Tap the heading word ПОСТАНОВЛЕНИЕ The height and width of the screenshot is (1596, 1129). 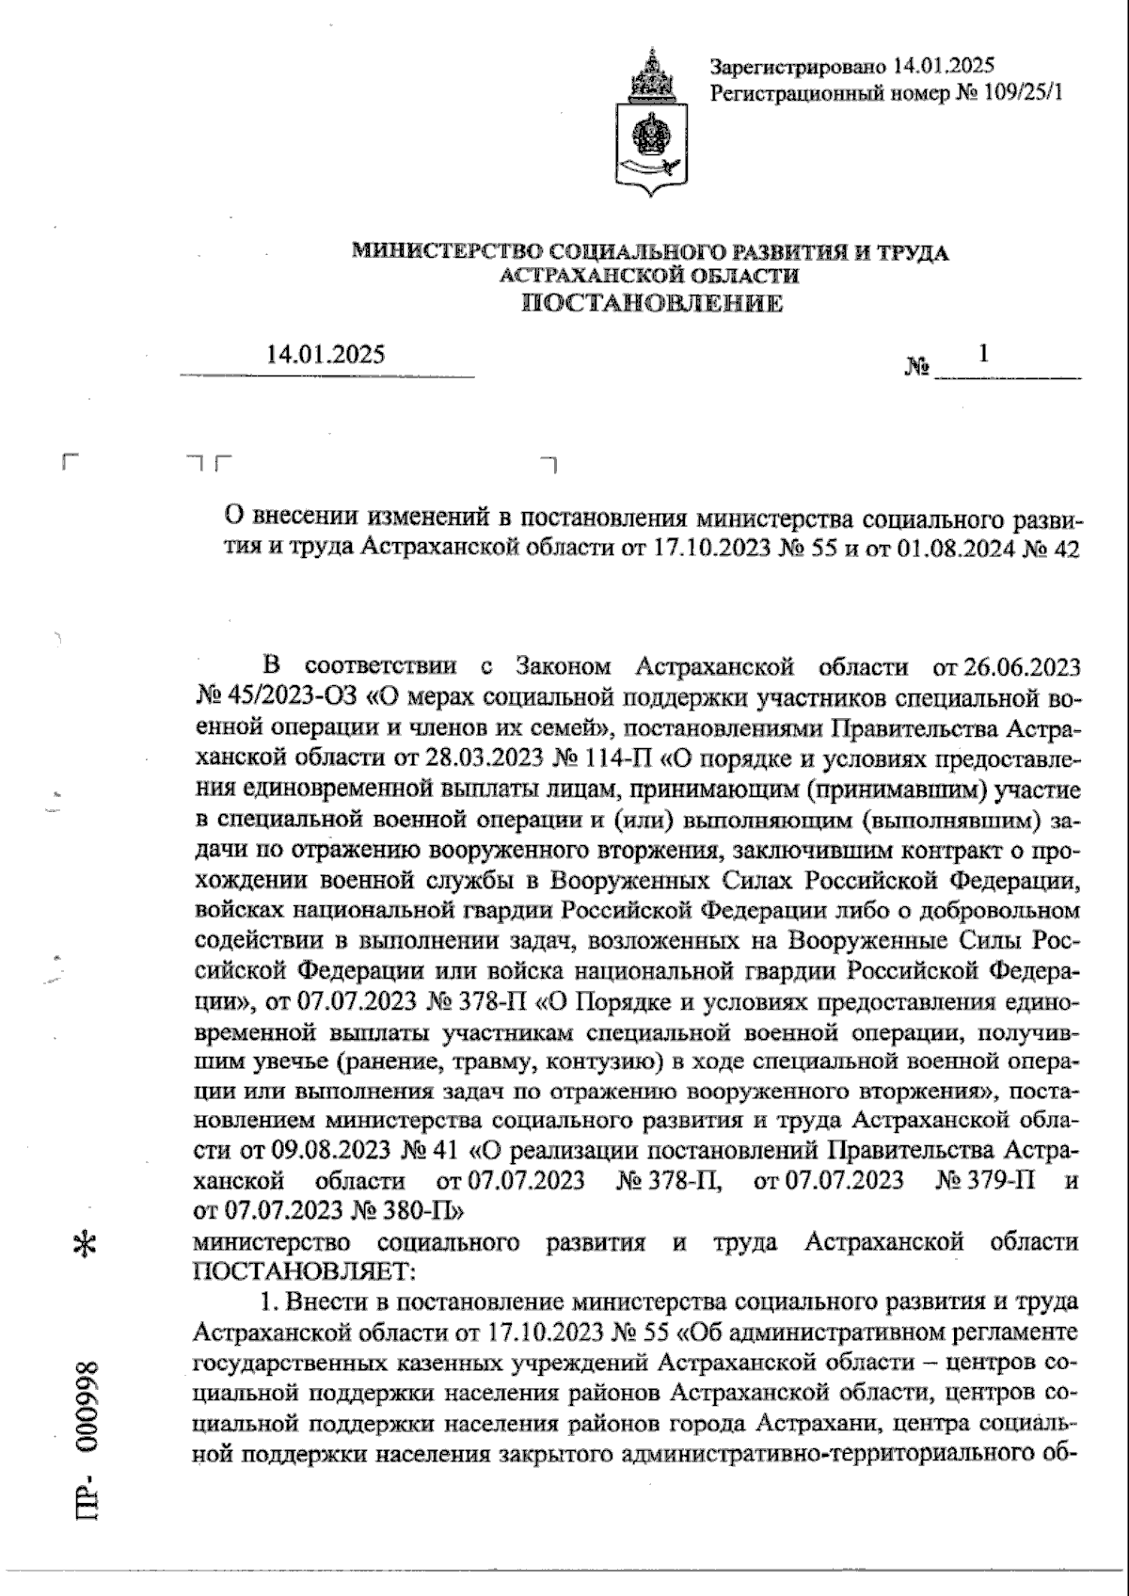point(651,303)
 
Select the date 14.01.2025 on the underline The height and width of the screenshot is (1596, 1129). point(326,356)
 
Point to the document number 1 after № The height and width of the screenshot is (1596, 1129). point(983,354)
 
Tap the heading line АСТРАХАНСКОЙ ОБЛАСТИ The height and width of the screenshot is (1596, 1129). point(651,276)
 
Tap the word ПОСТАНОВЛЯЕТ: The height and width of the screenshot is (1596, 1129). point(304,1271)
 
